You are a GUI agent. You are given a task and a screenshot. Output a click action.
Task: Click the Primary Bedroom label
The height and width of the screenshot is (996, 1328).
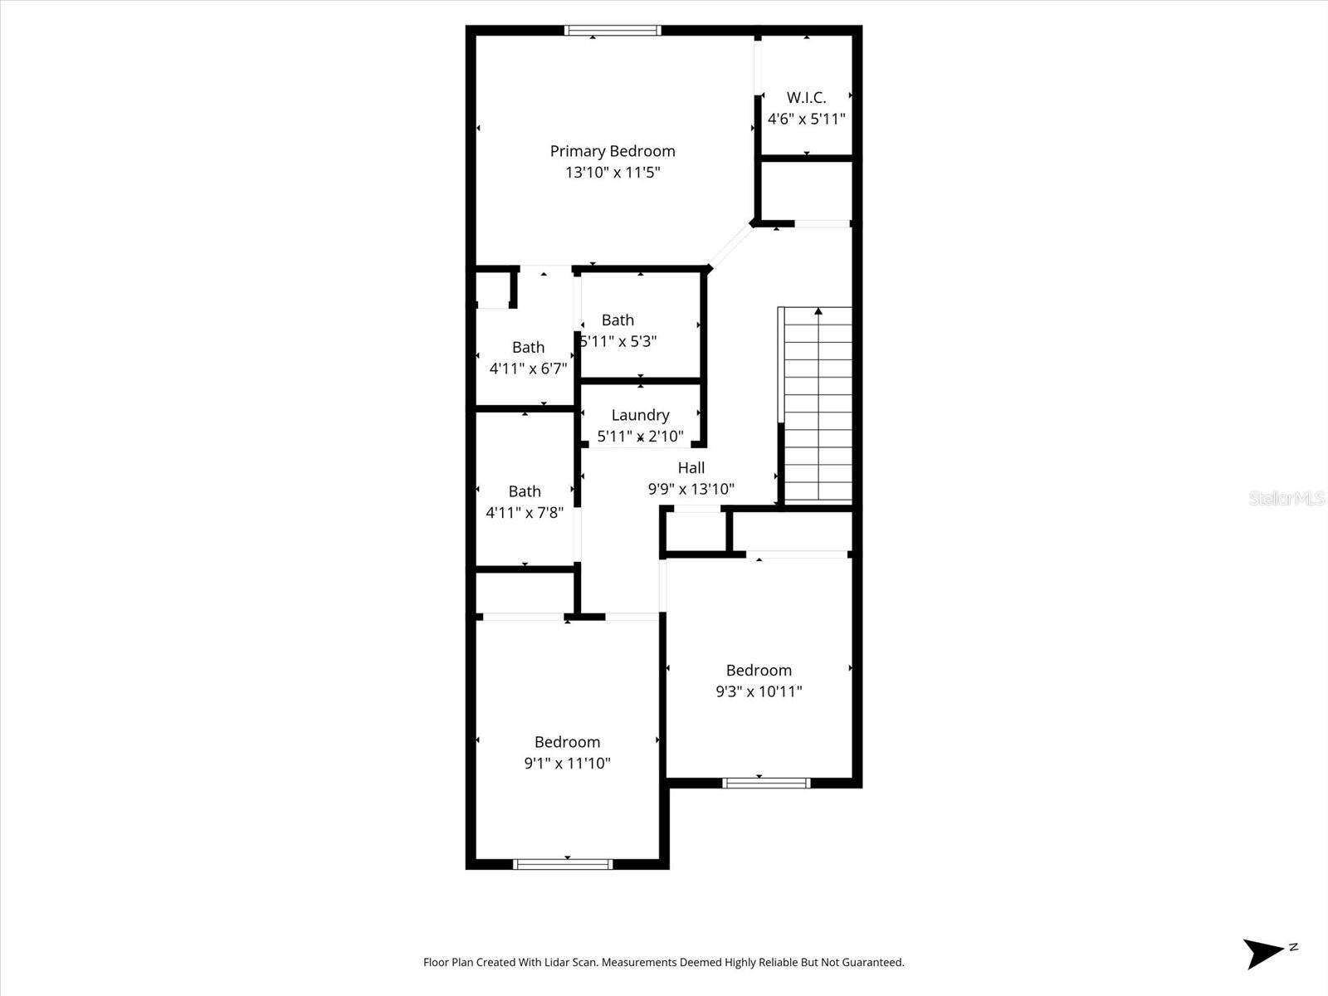[613, 151]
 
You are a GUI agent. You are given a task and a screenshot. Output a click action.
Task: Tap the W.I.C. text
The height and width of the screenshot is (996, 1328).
[806, 98]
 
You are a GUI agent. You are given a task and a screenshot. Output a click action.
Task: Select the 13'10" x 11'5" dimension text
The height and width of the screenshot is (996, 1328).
[613, 173]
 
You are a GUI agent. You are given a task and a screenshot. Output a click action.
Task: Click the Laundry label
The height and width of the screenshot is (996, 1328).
[640, 415]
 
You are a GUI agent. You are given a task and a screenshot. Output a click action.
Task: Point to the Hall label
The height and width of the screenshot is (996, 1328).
[691, 468]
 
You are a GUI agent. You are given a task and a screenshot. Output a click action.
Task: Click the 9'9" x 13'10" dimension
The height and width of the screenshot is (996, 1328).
[691, 490]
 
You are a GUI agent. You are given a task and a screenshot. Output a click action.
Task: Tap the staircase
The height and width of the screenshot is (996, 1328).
[818, 407]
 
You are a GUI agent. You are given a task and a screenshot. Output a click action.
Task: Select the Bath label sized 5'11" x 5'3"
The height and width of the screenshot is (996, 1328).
[618, 320]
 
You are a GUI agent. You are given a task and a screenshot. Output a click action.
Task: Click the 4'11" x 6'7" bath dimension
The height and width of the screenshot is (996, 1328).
[528, 369]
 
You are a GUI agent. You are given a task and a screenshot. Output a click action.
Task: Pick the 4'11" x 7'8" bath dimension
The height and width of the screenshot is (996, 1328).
[525, 513]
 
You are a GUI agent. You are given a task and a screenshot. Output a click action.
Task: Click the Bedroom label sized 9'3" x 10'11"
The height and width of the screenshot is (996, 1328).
[759, 671]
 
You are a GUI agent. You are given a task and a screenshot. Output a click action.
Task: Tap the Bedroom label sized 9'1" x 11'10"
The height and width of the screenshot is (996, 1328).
[567, 742]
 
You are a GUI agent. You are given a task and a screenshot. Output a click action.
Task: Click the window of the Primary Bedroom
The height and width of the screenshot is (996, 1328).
[613, 31]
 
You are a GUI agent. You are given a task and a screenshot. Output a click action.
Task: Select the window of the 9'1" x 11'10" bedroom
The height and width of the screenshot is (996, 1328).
[564, 864]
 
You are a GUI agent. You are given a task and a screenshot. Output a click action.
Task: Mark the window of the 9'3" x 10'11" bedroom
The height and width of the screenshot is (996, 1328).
[766, 782]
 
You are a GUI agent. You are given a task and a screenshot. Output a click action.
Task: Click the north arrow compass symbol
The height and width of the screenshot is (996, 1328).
[1265, 953]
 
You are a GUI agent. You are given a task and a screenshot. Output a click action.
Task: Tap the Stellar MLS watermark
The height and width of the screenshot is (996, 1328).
[1286, 499]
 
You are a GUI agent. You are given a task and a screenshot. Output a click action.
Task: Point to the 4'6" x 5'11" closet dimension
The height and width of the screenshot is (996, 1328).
[806, 120]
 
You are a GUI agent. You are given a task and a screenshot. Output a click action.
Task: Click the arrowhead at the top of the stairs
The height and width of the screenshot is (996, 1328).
[818, 311]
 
